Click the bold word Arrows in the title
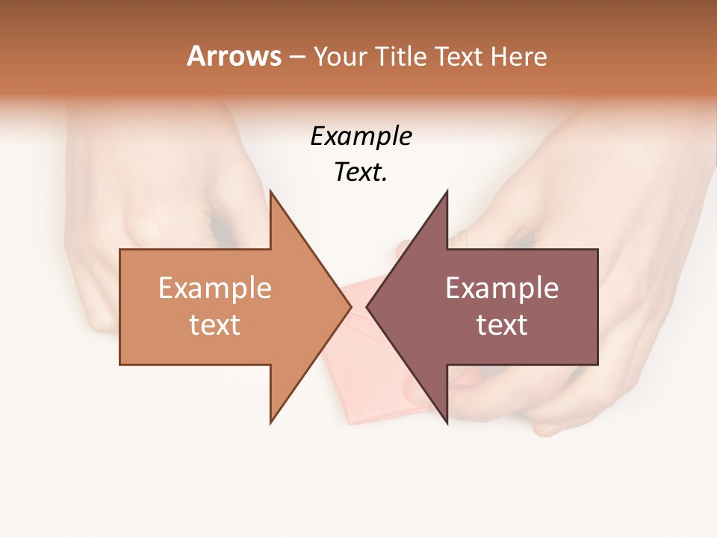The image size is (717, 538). tap(234, 56)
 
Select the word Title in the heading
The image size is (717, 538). tap(400, 56)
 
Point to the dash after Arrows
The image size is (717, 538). tap(297, 57)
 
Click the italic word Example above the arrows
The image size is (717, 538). tap(361, 136)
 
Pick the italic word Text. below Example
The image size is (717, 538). tap(361, 173)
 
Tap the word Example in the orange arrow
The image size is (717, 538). tap(215, 288)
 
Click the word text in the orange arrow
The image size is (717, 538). tap(215, 325)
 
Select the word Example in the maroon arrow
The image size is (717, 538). tap(502, 288)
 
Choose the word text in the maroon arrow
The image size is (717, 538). tap(502, 325)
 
